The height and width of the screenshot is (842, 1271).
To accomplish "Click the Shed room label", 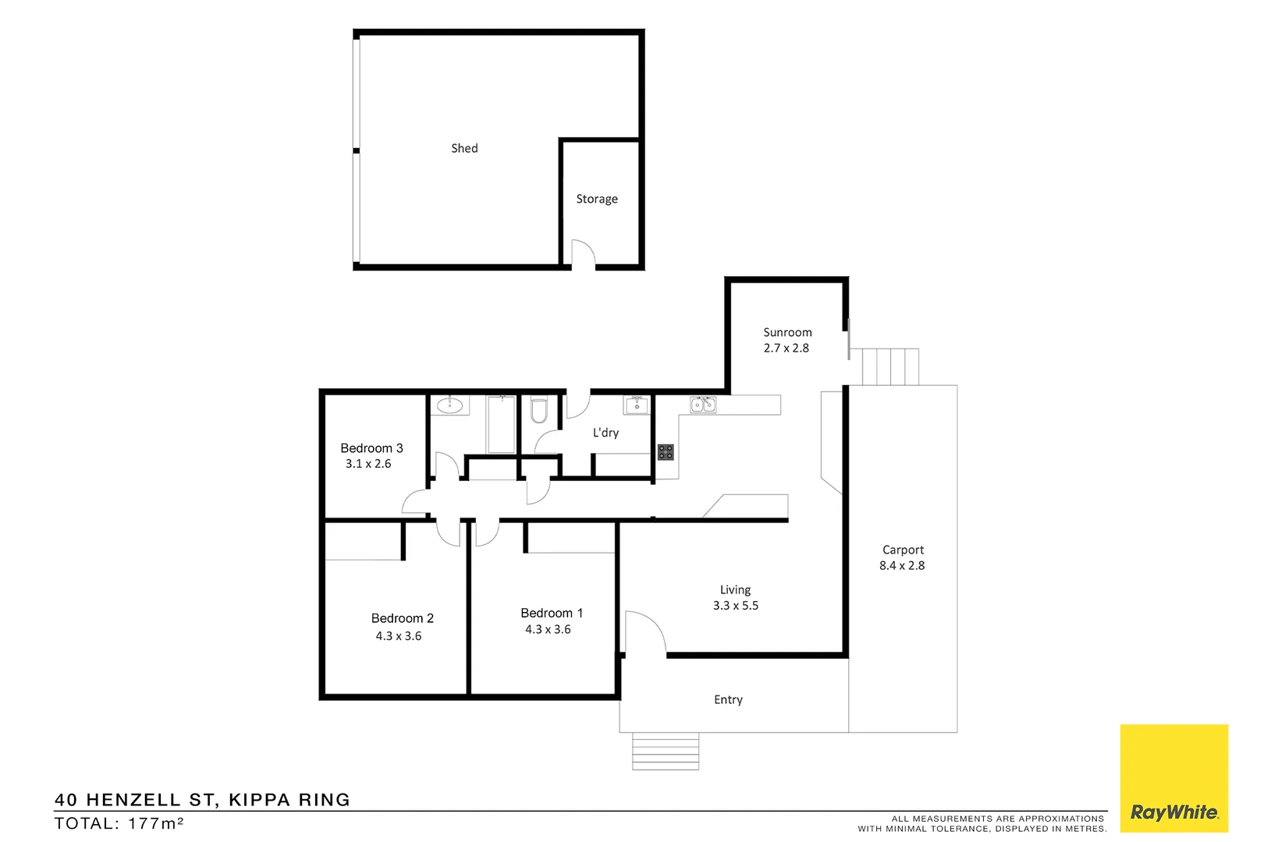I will click(464, 148).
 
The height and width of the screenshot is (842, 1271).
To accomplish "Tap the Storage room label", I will click(597, 199).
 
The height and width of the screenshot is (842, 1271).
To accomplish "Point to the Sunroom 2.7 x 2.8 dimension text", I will click(786, 348).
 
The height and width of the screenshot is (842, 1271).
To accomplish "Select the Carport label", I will click(903, 550).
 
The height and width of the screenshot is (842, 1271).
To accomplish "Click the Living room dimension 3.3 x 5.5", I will click(736, 606).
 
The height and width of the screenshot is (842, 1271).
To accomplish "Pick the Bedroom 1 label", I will click(552, 614).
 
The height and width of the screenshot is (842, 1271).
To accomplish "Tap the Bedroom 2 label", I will click(402, 618).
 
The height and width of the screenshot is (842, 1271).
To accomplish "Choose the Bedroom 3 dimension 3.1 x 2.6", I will click(368, 464).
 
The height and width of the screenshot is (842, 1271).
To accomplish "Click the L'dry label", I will click(605, 433).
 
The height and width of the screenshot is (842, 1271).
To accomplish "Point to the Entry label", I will click(728, 700).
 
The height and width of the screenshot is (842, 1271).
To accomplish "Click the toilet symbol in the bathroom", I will click(539, 410).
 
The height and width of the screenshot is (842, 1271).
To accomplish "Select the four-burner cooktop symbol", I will click(666, 451).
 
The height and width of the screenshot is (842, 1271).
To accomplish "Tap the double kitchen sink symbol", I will click(703, 405).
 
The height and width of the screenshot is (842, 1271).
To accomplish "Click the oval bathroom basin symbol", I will click(450, 405).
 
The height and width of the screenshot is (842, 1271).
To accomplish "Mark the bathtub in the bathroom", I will click(501, 424).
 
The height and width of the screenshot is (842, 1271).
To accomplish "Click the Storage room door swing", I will click(583, 253).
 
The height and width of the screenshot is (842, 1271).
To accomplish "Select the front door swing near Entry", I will click(644, 631).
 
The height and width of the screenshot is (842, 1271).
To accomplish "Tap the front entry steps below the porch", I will click(666, 752).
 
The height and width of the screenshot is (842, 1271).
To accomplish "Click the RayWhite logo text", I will click(1174, 812).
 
